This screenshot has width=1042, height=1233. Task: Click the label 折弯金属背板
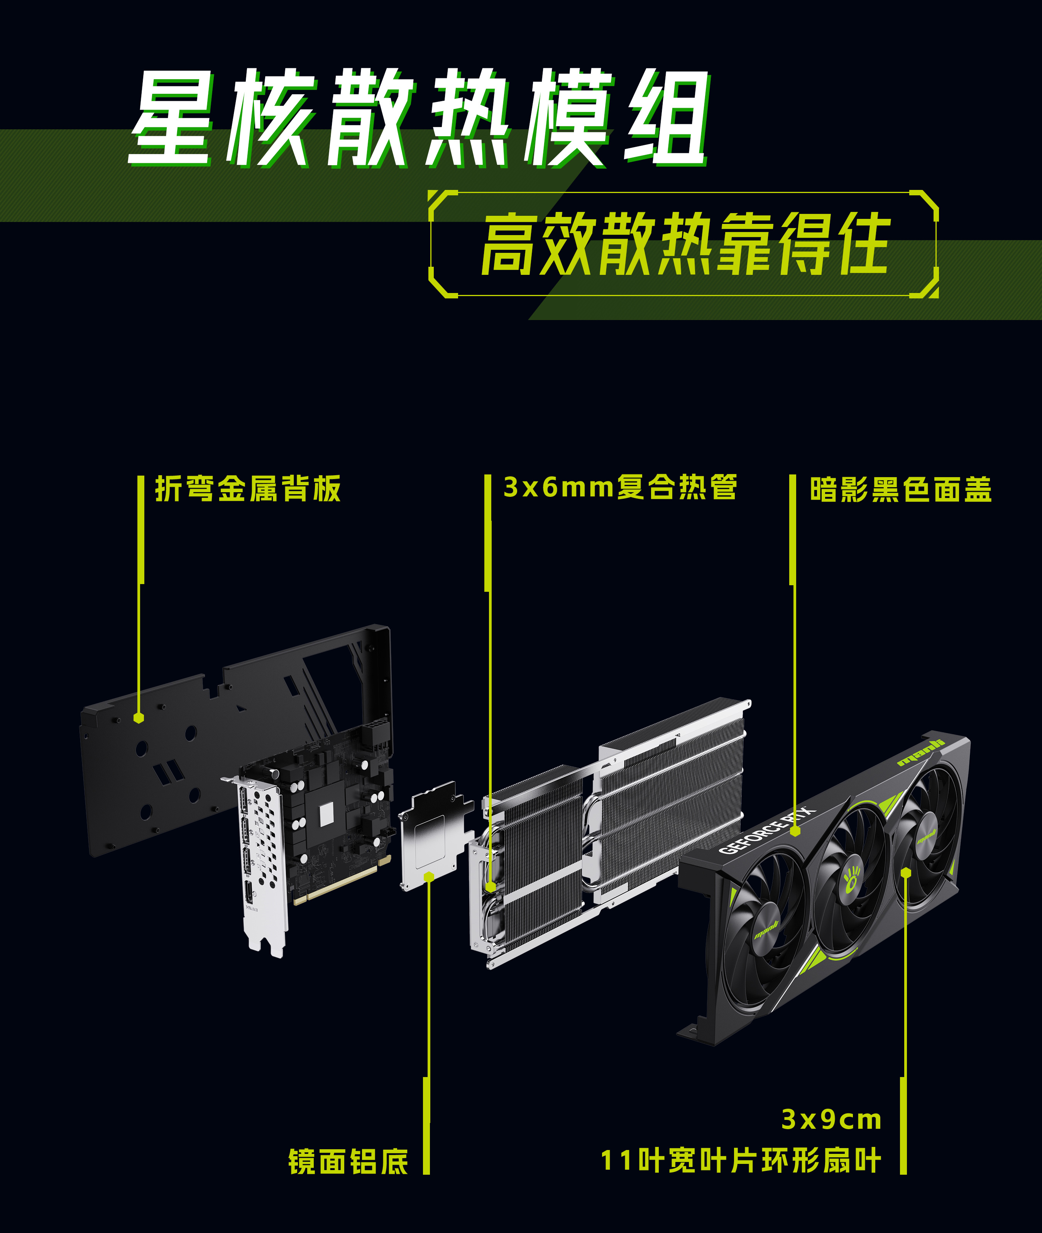(x=247, y=489)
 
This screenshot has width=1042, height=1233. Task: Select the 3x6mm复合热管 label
(x=620, y=488)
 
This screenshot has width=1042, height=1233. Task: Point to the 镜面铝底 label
(x=348, y=1162)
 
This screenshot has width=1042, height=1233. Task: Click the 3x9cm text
(x=832, y=1120)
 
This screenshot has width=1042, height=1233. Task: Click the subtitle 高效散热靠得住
(x=685, y=244)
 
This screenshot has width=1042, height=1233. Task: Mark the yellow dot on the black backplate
(x=139, y=718)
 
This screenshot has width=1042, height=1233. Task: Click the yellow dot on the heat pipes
(x=490, y=886)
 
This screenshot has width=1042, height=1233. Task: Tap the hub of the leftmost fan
(x=766, y=932)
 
